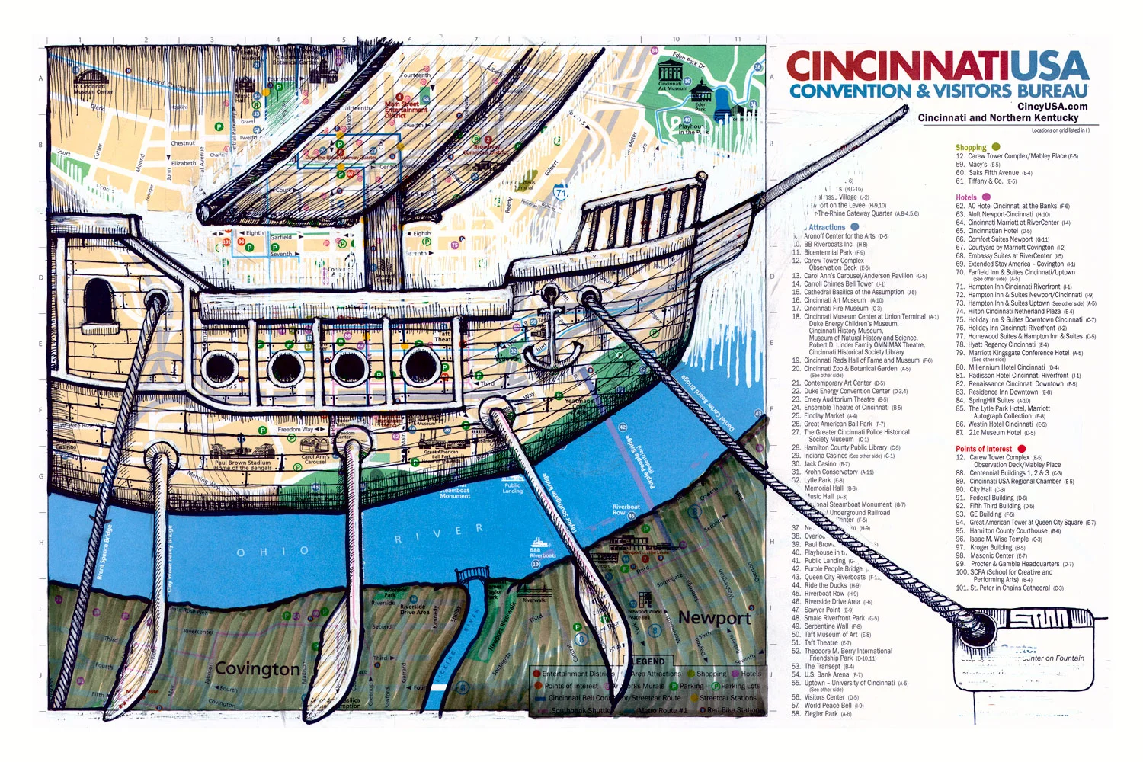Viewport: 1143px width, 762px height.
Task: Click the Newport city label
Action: (714, 618)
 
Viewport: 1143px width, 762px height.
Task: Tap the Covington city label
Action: (257, 669)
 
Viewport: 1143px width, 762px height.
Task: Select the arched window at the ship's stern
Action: (97, 302)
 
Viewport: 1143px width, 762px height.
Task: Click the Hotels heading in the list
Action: (965, 197)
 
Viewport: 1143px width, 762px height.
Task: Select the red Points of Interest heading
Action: (983, 449)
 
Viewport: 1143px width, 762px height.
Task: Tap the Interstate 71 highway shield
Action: (561, 193)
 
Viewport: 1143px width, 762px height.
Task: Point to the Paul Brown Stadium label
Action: (242, 465)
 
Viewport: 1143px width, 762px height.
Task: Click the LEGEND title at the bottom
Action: (648, 661)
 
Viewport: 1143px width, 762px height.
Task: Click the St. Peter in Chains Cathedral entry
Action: (1010, 588)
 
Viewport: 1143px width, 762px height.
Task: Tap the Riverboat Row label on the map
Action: (626, 510)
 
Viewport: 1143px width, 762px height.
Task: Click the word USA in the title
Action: (1043, 67)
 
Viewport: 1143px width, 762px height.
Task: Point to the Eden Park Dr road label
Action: (689, 61)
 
